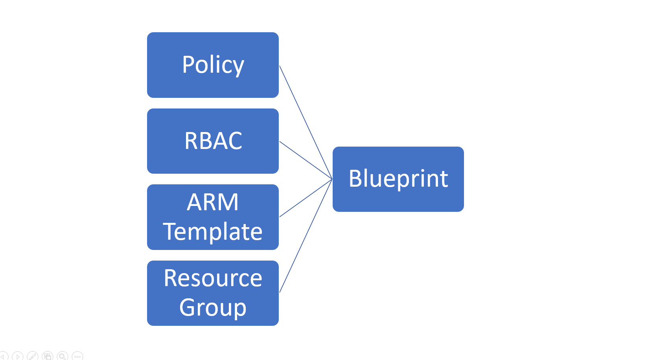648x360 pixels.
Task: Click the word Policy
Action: point(213,65)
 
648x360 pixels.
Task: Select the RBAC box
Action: point(213,141)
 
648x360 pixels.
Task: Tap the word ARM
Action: point(213,202)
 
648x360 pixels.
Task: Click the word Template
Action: point(213,232)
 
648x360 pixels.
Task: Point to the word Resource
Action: point(213,278)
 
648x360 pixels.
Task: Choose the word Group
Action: point(213,308)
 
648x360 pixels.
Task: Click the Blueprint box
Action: point(398,179)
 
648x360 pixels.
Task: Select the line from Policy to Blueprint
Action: point(306,122)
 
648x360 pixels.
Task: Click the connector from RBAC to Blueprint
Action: point(306,160)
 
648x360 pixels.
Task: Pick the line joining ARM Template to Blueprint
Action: point(306,198)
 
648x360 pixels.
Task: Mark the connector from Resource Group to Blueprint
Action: point(306,236)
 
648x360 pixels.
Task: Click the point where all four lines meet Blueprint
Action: point(332,179)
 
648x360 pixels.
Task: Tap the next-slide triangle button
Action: point(18,356)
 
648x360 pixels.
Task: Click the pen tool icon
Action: point(32,356)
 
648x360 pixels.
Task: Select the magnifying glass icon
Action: point(63,356)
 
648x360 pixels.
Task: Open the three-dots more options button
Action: point(77,356)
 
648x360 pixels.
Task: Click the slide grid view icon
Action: point(48,356)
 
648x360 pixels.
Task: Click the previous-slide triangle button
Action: point(3,356)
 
